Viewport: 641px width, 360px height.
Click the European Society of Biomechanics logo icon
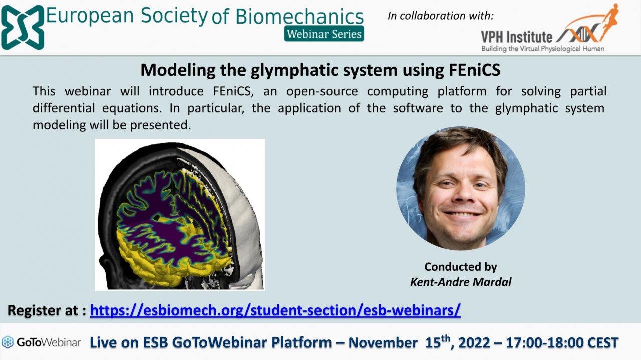[23, 27]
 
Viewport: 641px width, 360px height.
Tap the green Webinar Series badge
[324, 34]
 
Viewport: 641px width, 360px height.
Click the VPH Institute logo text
[516, 37]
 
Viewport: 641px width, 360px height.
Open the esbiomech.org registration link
[275, 310]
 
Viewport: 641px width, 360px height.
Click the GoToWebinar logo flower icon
[8, 342]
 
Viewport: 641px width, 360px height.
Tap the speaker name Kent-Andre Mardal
[461, 282]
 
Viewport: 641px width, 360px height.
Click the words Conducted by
[461, 267]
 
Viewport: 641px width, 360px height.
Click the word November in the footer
[383, 343]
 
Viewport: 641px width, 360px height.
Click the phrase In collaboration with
[441, 16]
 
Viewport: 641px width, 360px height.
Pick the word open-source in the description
[322, 92]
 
